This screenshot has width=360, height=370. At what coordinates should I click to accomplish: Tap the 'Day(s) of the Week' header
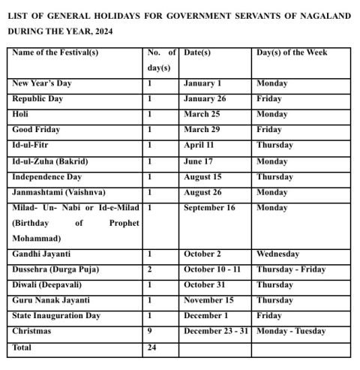point(292,53)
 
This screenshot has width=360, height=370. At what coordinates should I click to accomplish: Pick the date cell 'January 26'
point(205,99)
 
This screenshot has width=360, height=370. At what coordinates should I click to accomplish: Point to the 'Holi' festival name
point(20,114)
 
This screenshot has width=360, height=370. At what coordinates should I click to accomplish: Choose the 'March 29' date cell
point(202,130)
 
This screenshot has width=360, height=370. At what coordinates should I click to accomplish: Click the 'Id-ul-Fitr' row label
point(32,145)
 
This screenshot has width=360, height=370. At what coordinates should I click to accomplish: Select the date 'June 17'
point(199,161)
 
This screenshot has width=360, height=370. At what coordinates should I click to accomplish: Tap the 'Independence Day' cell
point(47,177)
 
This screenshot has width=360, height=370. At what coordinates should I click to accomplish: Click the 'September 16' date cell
point(209,208)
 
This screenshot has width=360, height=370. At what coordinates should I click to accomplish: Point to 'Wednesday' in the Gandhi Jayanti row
point(277,254)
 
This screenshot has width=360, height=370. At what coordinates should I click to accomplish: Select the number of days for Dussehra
point(150,269)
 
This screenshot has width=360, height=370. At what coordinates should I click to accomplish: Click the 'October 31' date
point(205,285)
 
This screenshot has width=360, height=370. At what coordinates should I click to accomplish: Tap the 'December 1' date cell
point(205,316)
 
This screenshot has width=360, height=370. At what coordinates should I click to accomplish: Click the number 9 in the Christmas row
point(150,331)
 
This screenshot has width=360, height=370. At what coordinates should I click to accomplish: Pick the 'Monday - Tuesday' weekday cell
point(291,331)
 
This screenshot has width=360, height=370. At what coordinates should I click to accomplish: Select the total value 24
point(152,348)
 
